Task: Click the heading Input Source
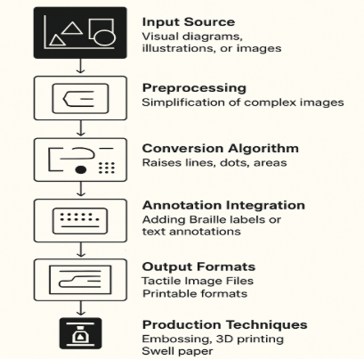[x=189, y=22]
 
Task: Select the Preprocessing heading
[x=194, y=88]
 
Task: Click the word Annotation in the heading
[x=182, y=205]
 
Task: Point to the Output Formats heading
[x=198, y=266]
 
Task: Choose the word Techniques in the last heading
[x=266, y=324]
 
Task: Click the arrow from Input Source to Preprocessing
[x=80, y=66]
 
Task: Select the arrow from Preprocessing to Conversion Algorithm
[x=80, y=127]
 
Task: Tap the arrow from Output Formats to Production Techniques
[x=80, y=308]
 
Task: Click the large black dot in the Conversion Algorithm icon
[x=81, y=169]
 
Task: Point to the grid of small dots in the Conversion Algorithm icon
[x=107, y=168]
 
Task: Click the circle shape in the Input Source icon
[x=104, y=37]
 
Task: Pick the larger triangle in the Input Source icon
[x=72, y=29]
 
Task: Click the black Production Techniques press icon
[x=80, y=333]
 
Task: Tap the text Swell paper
[x=177, y=351]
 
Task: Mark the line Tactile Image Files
[x=198, y=281]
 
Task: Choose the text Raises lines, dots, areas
[x=214, y=163]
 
